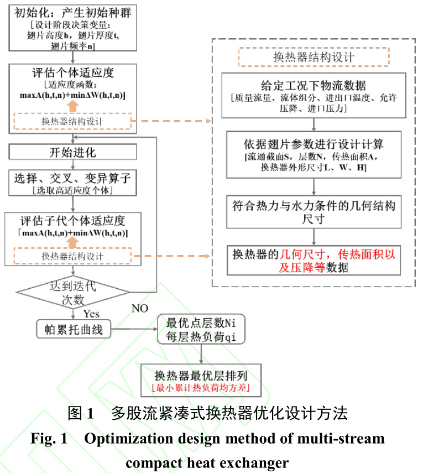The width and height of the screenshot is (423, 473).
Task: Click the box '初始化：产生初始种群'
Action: (x=71, y=28)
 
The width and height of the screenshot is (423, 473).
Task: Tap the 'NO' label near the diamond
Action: (x=140, y=308)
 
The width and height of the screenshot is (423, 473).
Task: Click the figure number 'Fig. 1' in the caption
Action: (x=49, y=439)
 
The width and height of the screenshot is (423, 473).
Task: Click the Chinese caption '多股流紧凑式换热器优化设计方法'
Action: (x=229, y=413)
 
